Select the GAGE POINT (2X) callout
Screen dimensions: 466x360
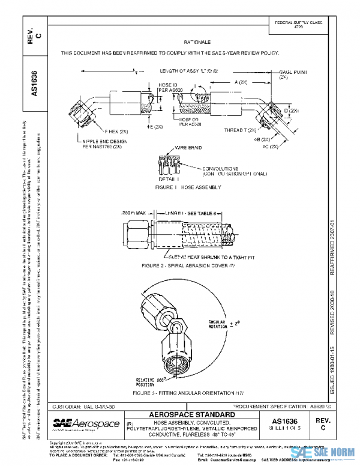(x=293, y=74)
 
